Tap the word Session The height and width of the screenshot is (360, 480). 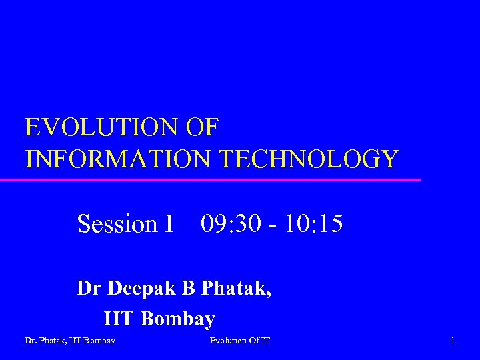click(116, 223)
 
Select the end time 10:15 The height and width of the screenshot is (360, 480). click(313, 223)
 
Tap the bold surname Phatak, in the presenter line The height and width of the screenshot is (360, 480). click(236, 289)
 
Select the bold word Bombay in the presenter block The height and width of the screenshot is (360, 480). click(179, 319)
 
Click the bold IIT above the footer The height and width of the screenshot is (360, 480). click(120, 319)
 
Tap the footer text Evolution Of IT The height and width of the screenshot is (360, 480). click(240, 341)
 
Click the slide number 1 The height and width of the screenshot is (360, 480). click(453, 341)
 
